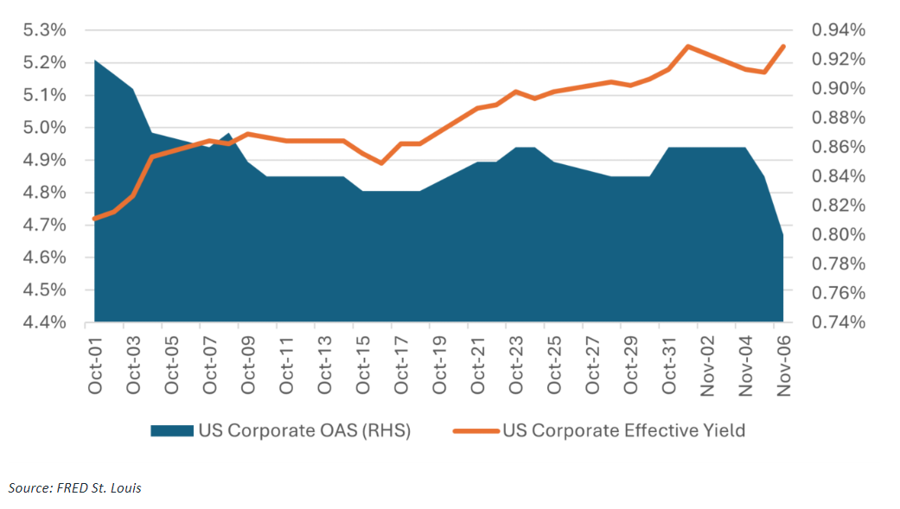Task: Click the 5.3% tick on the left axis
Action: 44,30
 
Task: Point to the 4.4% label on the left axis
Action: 44,322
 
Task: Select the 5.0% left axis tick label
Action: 44,128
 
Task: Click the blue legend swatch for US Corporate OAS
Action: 171,430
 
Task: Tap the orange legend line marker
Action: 475,430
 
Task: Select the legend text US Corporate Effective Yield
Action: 623,430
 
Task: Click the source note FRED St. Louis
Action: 75,488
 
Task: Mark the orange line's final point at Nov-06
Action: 783,47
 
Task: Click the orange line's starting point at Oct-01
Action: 94,219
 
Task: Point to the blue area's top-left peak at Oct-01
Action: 94,60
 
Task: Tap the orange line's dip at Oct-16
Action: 381,162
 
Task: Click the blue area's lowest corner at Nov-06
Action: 783,234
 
